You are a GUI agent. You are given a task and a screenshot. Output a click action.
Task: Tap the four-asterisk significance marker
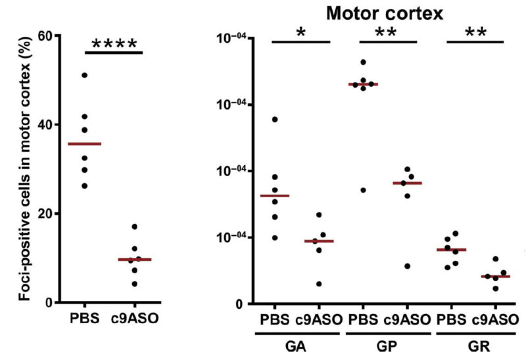[114, 45]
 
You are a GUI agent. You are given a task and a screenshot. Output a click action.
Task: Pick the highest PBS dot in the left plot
[84, 76]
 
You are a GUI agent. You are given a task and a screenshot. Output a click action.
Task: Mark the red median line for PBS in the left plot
[85, 143]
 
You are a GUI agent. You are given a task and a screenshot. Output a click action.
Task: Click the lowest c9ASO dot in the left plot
[135, 284]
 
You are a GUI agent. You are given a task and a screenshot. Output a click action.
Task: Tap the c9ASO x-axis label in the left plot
[135, 319]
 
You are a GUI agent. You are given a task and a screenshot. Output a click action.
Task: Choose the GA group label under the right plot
[298, 345]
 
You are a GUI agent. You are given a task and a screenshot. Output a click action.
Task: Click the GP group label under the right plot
[386, 345]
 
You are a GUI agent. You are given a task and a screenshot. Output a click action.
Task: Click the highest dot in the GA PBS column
[275, 119]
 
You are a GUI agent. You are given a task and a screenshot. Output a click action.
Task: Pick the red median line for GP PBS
[363, 84]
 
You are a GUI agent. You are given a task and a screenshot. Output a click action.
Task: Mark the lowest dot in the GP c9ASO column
[408, 266]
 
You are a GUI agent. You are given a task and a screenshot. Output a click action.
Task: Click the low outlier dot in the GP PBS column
[363, 190]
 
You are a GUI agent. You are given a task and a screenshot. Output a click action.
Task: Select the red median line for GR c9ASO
[496, 276]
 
